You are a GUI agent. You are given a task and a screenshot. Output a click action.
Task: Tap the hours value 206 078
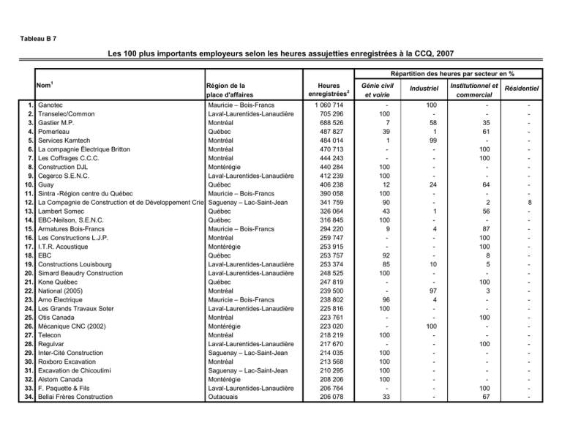click(327, 397)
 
